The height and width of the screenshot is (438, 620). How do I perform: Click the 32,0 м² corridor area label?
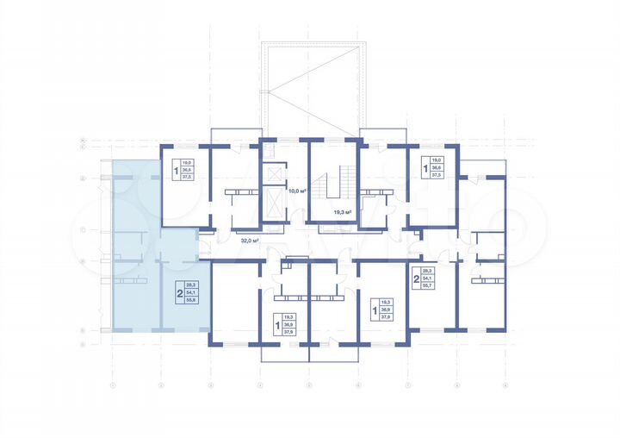[x=251, y=242]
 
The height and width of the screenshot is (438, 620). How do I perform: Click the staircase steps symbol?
[x=328, y=185]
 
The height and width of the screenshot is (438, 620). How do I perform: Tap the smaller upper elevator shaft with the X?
[x=275, y=173]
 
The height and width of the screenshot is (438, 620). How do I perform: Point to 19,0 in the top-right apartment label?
[x=436, y=160]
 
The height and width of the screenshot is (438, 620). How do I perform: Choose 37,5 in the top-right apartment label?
[x=436, y=175]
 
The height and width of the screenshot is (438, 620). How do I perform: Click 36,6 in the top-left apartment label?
[x=188, y=167]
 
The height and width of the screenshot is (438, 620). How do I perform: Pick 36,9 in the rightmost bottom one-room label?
[x=386, y=308]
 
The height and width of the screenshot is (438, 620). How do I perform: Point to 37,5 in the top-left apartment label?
[x=188, y=175]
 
